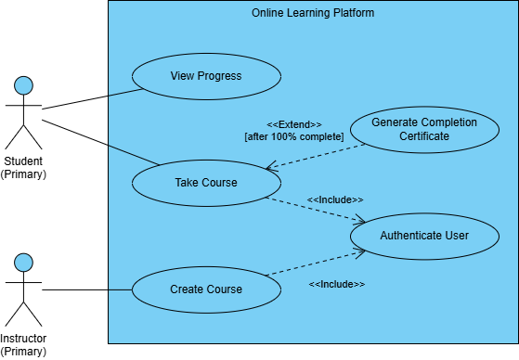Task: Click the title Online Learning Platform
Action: [313, 13]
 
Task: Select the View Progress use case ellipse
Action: [206, 76]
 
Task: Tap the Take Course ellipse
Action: [206, 182]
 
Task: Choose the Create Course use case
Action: [206, 289]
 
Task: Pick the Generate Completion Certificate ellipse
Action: [423, 129]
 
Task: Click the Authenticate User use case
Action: [424, 236]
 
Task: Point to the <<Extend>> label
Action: [293, 124]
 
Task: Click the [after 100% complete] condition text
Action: [293, 137]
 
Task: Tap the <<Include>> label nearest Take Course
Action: [334, 199]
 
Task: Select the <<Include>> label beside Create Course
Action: [336, 284]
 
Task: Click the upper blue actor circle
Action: [23, 86]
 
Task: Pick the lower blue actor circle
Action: [23, 263]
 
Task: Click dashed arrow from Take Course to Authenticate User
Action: [316, 210]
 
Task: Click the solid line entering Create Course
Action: [121, 289]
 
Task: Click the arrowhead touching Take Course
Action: [269, 169]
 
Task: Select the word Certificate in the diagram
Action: [424, 136]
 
